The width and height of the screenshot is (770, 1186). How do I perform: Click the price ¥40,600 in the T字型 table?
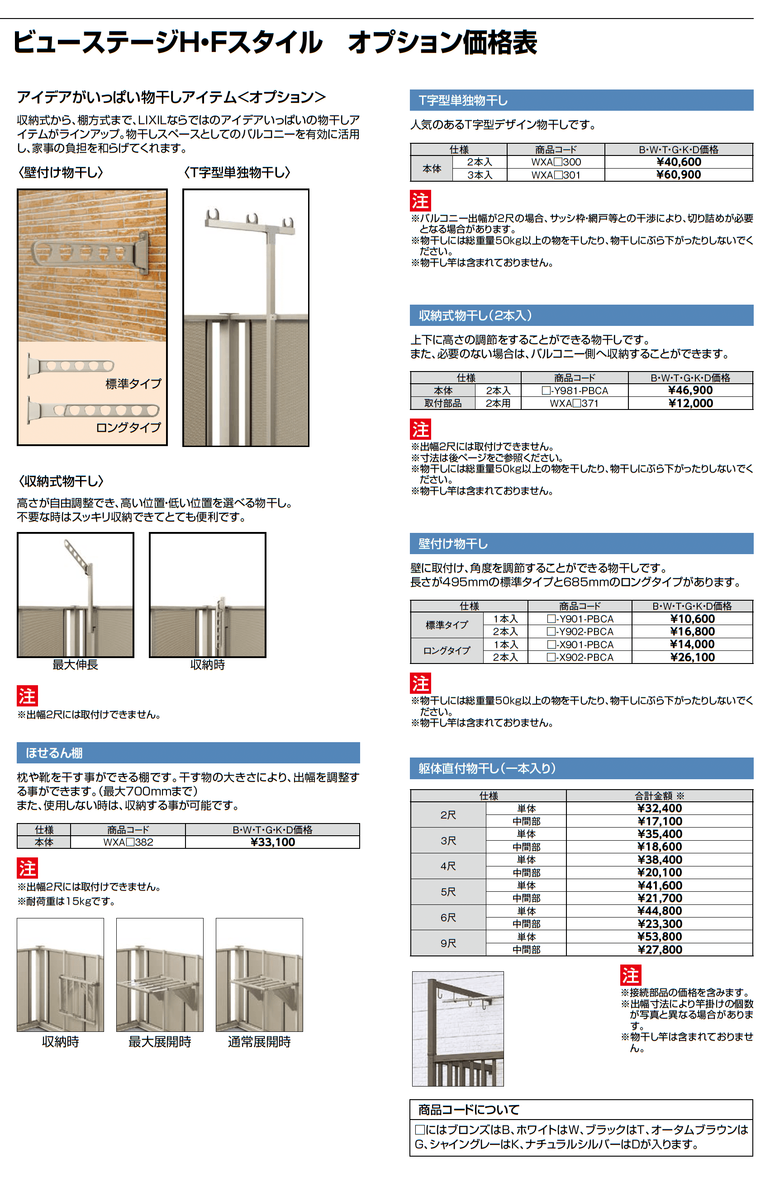[x=678, y=162]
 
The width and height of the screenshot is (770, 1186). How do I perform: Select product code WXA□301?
[x=556, y=175]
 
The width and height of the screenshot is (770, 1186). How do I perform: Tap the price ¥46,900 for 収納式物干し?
[x=690, y=390]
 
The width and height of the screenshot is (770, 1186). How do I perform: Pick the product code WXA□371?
[x=574, y=403]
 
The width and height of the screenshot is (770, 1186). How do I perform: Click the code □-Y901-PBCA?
[x=580, y=619]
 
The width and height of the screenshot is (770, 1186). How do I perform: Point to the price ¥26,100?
[x=692, y=657]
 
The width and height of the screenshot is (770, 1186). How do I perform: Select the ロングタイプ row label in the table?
[x=447, y=651]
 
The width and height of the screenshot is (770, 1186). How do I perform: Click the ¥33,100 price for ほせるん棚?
[x=272, y=842]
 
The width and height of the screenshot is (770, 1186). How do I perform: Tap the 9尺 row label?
[x=448, y=943]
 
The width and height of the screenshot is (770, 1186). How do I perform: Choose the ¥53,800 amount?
[x=659, y=937]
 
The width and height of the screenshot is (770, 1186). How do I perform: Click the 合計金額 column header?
[x=659, y=796]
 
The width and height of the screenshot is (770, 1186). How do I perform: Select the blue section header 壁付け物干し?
[x=453, y=544]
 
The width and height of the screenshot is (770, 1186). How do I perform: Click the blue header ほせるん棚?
[x=54, y=753]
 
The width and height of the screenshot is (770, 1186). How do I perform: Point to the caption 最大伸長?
[x=75, y=665]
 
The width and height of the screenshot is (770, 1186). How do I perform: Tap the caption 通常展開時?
[x=259, y=1042]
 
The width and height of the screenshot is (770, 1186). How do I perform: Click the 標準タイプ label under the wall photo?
[x=133, y=384]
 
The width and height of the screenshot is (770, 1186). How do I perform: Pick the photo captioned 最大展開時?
[x=160, y=975]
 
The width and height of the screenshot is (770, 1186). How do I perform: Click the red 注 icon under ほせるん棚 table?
[x=27, y=869]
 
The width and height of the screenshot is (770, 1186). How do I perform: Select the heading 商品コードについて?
[x=468, y=1110]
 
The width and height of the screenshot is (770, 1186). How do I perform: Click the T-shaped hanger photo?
[x=245, y=317]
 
